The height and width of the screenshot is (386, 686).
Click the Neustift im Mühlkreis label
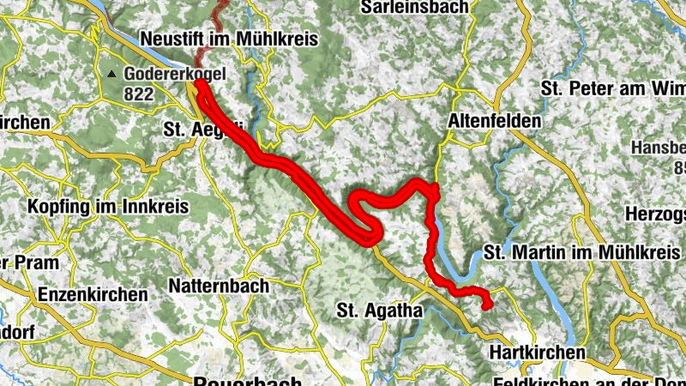point(229,39)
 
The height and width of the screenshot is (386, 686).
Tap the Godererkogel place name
point(174,75)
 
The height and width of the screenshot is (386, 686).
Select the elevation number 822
point(138,93)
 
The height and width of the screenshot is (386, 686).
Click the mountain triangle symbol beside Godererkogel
point(111,75)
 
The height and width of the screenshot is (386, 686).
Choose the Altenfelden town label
point(495,122)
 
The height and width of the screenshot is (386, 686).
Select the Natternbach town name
point(219,285)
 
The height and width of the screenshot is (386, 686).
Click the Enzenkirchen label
point(93,294)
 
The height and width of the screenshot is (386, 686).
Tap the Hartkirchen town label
point(538,353)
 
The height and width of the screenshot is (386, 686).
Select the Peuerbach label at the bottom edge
point(249,381)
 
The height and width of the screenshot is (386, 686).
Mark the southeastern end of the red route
point(487,305)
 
